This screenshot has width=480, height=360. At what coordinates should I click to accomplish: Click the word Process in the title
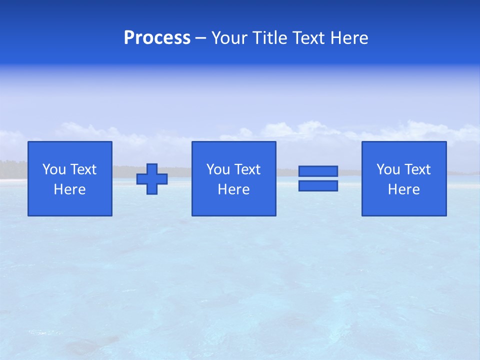tap(157, 38)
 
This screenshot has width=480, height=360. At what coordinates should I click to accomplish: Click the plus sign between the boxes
tap(152, 179)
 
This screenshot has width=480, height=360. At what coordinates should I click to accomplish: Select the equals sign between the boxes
tap(318, 178)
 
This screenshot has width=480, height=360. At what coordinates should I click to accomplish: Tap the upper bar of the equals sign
tap(318, 171)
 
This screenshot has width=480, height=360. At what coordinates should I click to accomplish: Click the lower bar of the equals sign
tap(318, 185)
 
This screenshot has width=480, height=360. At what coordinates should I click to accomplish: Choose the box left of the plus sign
tap(70, 178)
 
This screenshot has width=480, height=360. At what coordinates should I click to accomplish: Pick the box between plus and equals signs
tap(234, 178)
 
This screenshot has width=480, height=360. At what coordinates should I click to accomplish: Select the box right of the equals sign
tap(404, 178)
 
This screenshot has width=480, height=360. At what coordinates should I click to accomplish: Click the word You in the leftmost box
tap(54, 169)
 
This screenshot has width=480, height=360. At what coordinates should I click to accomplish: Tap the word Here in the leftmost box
tap(70, 189)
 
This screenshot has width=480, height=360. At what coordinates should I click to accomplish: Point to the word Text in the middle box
tap(248, 169)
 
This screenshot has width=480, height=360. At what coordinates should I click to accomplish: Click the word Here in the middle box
tap(234, 189)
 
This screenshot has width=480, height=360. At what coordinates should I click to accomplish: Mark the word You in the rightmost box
tap(388, 169)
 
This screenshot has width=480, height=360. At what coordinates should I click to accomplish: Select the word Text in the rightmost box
tap(418, 169)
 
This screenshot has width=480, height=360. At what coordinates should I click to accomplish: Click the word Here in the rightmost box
tap(404, 189)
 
